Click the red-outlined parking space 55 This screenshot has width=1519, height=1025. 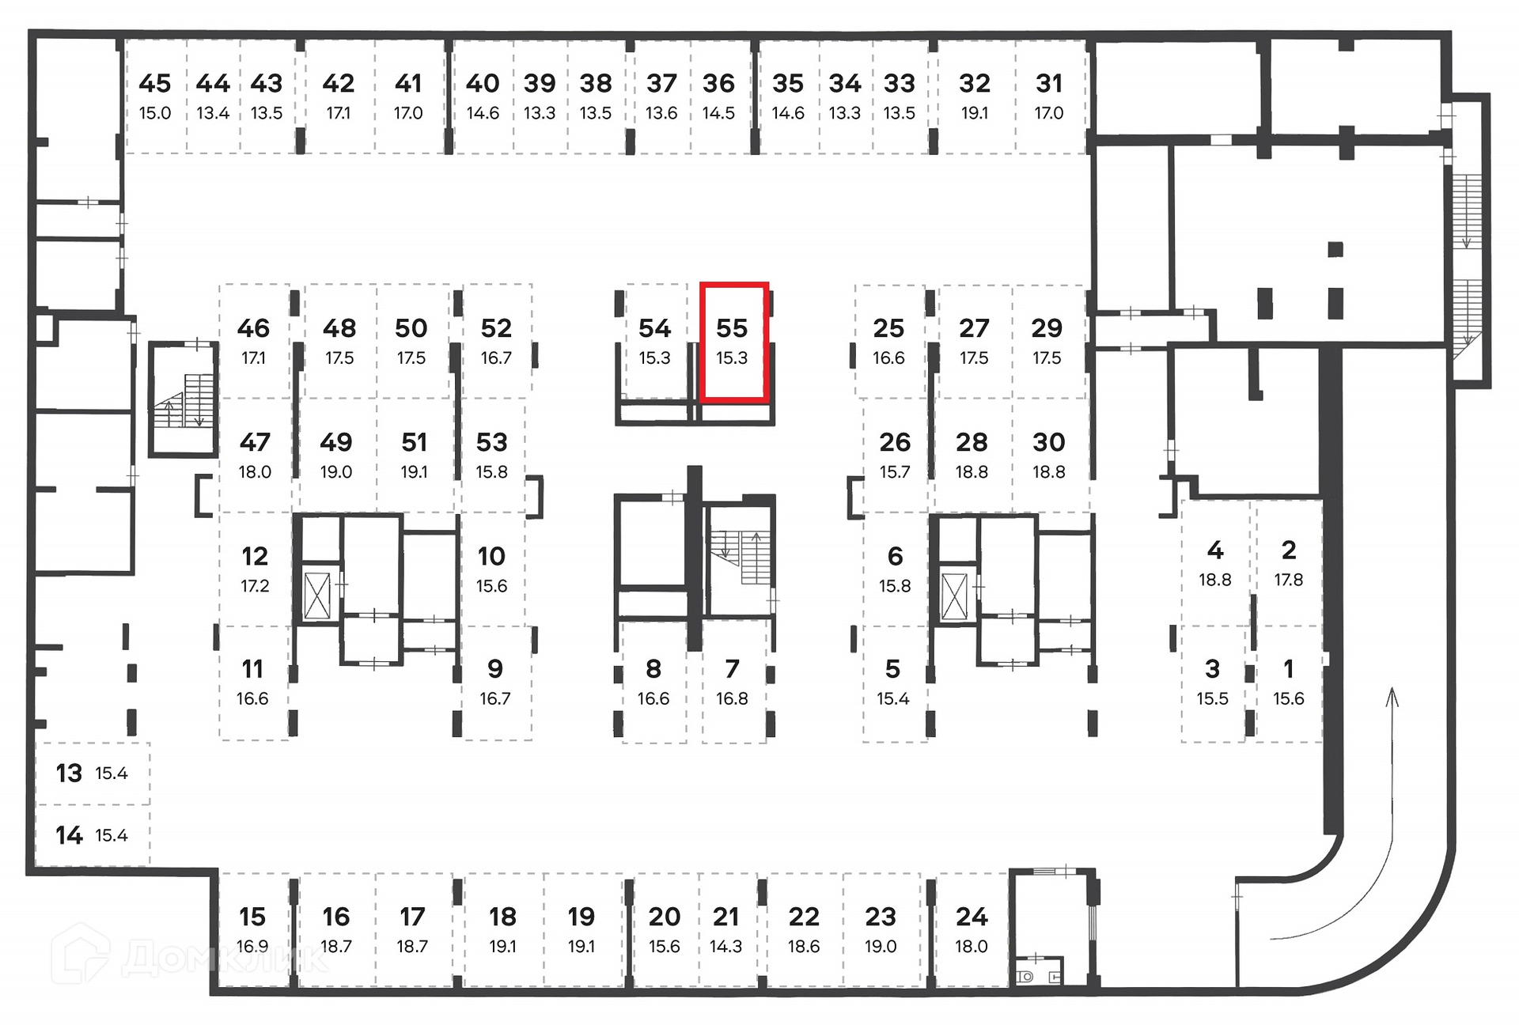733,342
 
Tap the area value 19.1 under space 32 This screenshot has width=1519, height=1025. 974,113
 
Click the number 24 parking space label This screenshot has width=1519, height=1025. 972,917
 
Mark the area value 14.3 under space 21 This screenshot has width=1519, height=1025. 725,947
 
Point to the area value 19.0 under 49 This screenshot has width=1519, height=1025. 336,472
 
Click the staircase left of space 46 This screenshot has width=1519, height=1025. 184,400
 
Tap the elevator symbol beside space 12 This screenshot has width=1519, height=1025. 317,595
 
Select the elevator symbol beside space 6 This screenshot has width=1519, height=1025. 954,596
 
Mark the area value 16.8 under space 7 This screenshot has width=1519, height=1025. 732,699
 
